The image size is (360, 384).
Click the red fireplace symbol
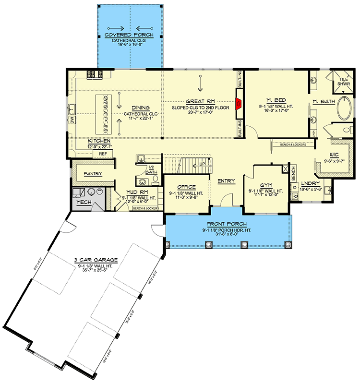click(x=238, y=102)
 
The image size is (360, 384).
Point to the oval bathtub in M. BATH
click(x=345, y=108)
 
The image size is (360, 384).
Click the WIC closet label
click(x=335, y=155)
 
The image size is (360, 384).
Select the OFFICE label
click(x=186, y=187)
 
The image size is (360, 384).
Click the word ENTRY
click(x=226, y=181)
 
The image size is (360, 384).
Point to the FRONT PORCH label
click(x=227, y=224)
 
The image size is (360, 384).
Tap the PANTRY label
click(x=93, y=174)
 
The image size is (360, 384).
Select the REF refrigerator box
click(x=102, y=154)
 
